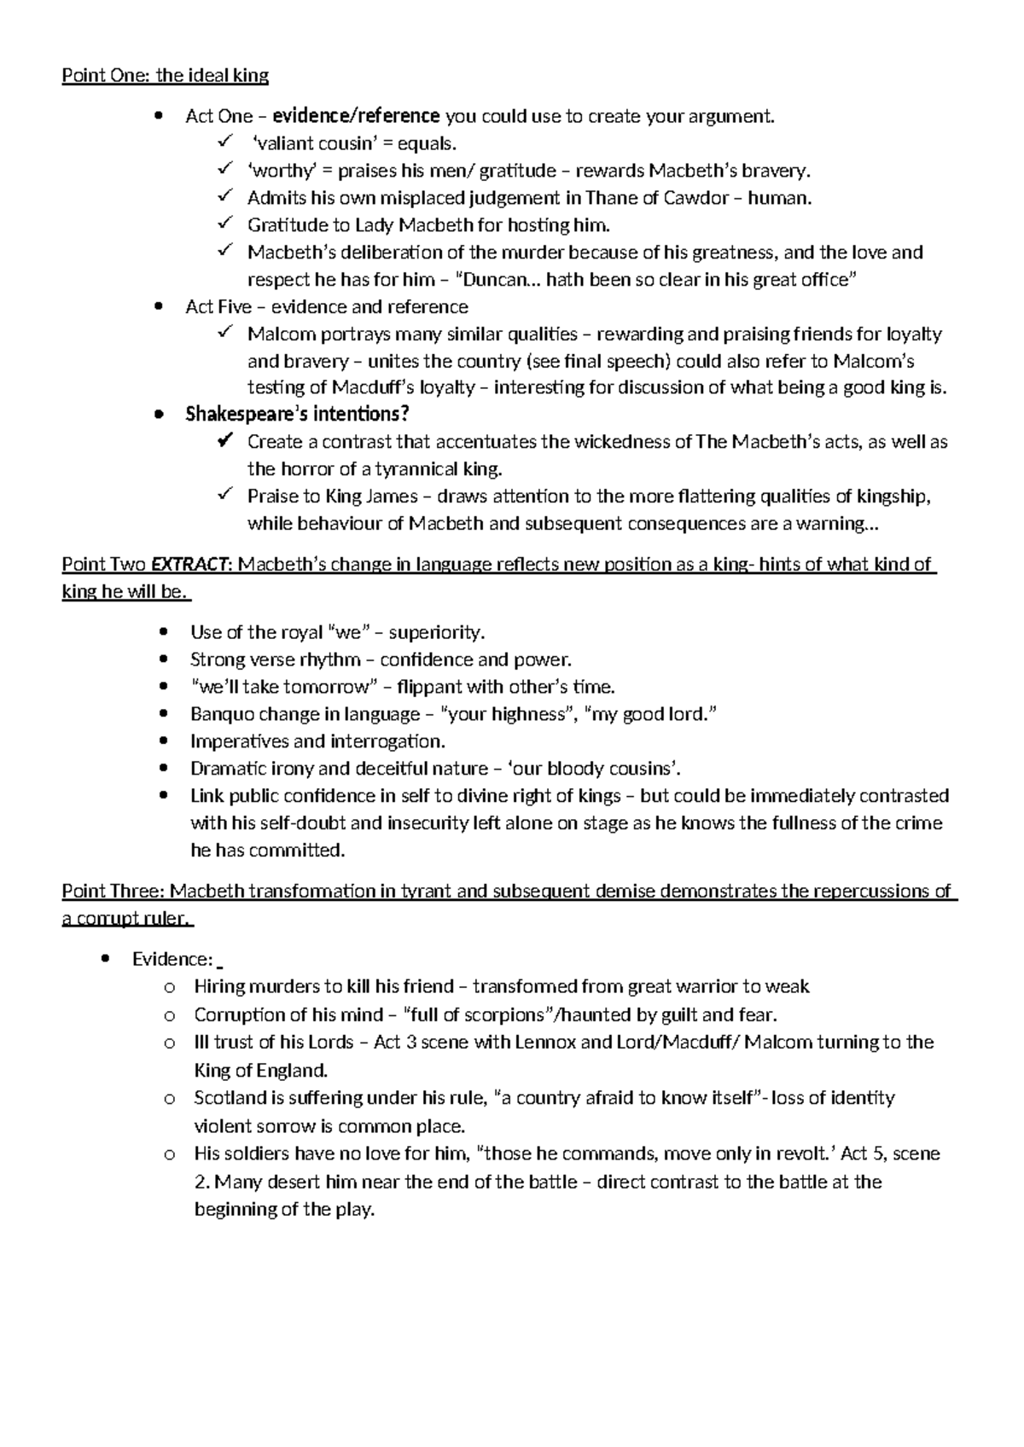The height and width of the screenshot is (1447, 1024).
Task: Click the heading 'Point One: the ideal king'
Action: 165,76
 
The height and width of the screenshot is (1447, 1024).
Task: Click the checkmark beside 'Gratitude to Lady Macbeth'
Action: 224,224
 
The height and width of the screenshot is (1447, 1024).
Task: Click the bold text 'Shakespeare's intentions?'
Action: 297,415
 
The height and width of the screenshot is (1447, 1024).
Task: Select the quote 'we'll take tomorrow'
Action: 284,687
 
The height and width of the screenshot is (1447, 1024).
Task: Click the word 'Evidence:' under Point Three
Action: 172,959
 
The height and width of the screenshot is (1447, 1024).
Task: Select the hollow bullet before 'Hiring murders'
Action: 168,987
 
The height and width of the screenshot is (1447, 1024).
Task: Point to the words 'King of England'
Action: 260,1070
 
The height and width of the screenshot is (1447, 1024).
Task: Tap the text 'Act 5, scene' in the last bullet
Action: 890,1154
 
